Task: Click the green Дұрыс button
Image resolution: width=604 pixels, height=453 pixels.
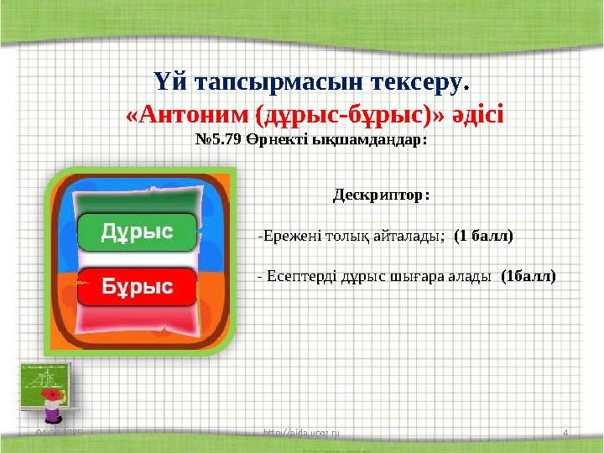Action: (x=137, y=232)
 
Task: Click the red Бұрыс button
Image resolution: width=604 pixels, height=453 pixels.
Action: (x=137, y=287)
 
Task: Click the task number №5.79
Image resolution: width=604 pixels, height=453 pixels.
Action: (x=219, y=140)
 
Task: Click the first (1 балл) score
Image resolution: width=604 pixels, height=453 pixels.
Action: (x=483, y=236)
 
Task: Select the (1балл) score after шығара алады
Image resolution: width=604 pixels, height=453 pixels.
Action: (x=528, y=274)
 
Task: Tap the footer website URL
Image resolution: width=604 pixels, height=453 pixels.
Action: (x=301, y=431)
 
